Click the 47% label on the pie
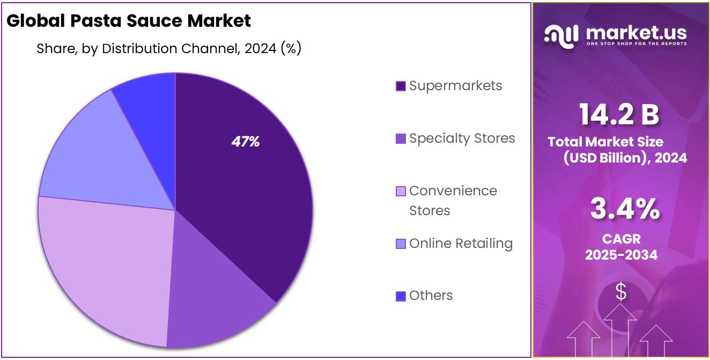(x=246, y=142)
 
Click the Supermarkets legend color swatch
(x=401, y=86)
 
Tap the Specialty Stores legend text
(x=462, y=138)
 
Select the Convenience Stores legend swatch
(x=401, y=191)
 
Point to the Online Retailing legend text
(x=461, y=243)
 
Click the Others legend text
(x=431, y=295)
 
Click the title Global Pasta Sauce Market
(x=129, y=20)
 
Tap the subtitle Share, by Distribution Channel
(x=168, y=48)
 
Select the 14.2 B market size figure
(x=619, y=114)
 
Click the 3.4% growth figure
(x=625, y=209)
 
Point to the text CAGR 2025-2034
(x=621, y=247)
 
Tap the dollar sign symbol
(x=620, y=292)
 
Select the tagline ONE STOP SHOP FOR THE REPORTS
(x=636, y=43)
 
